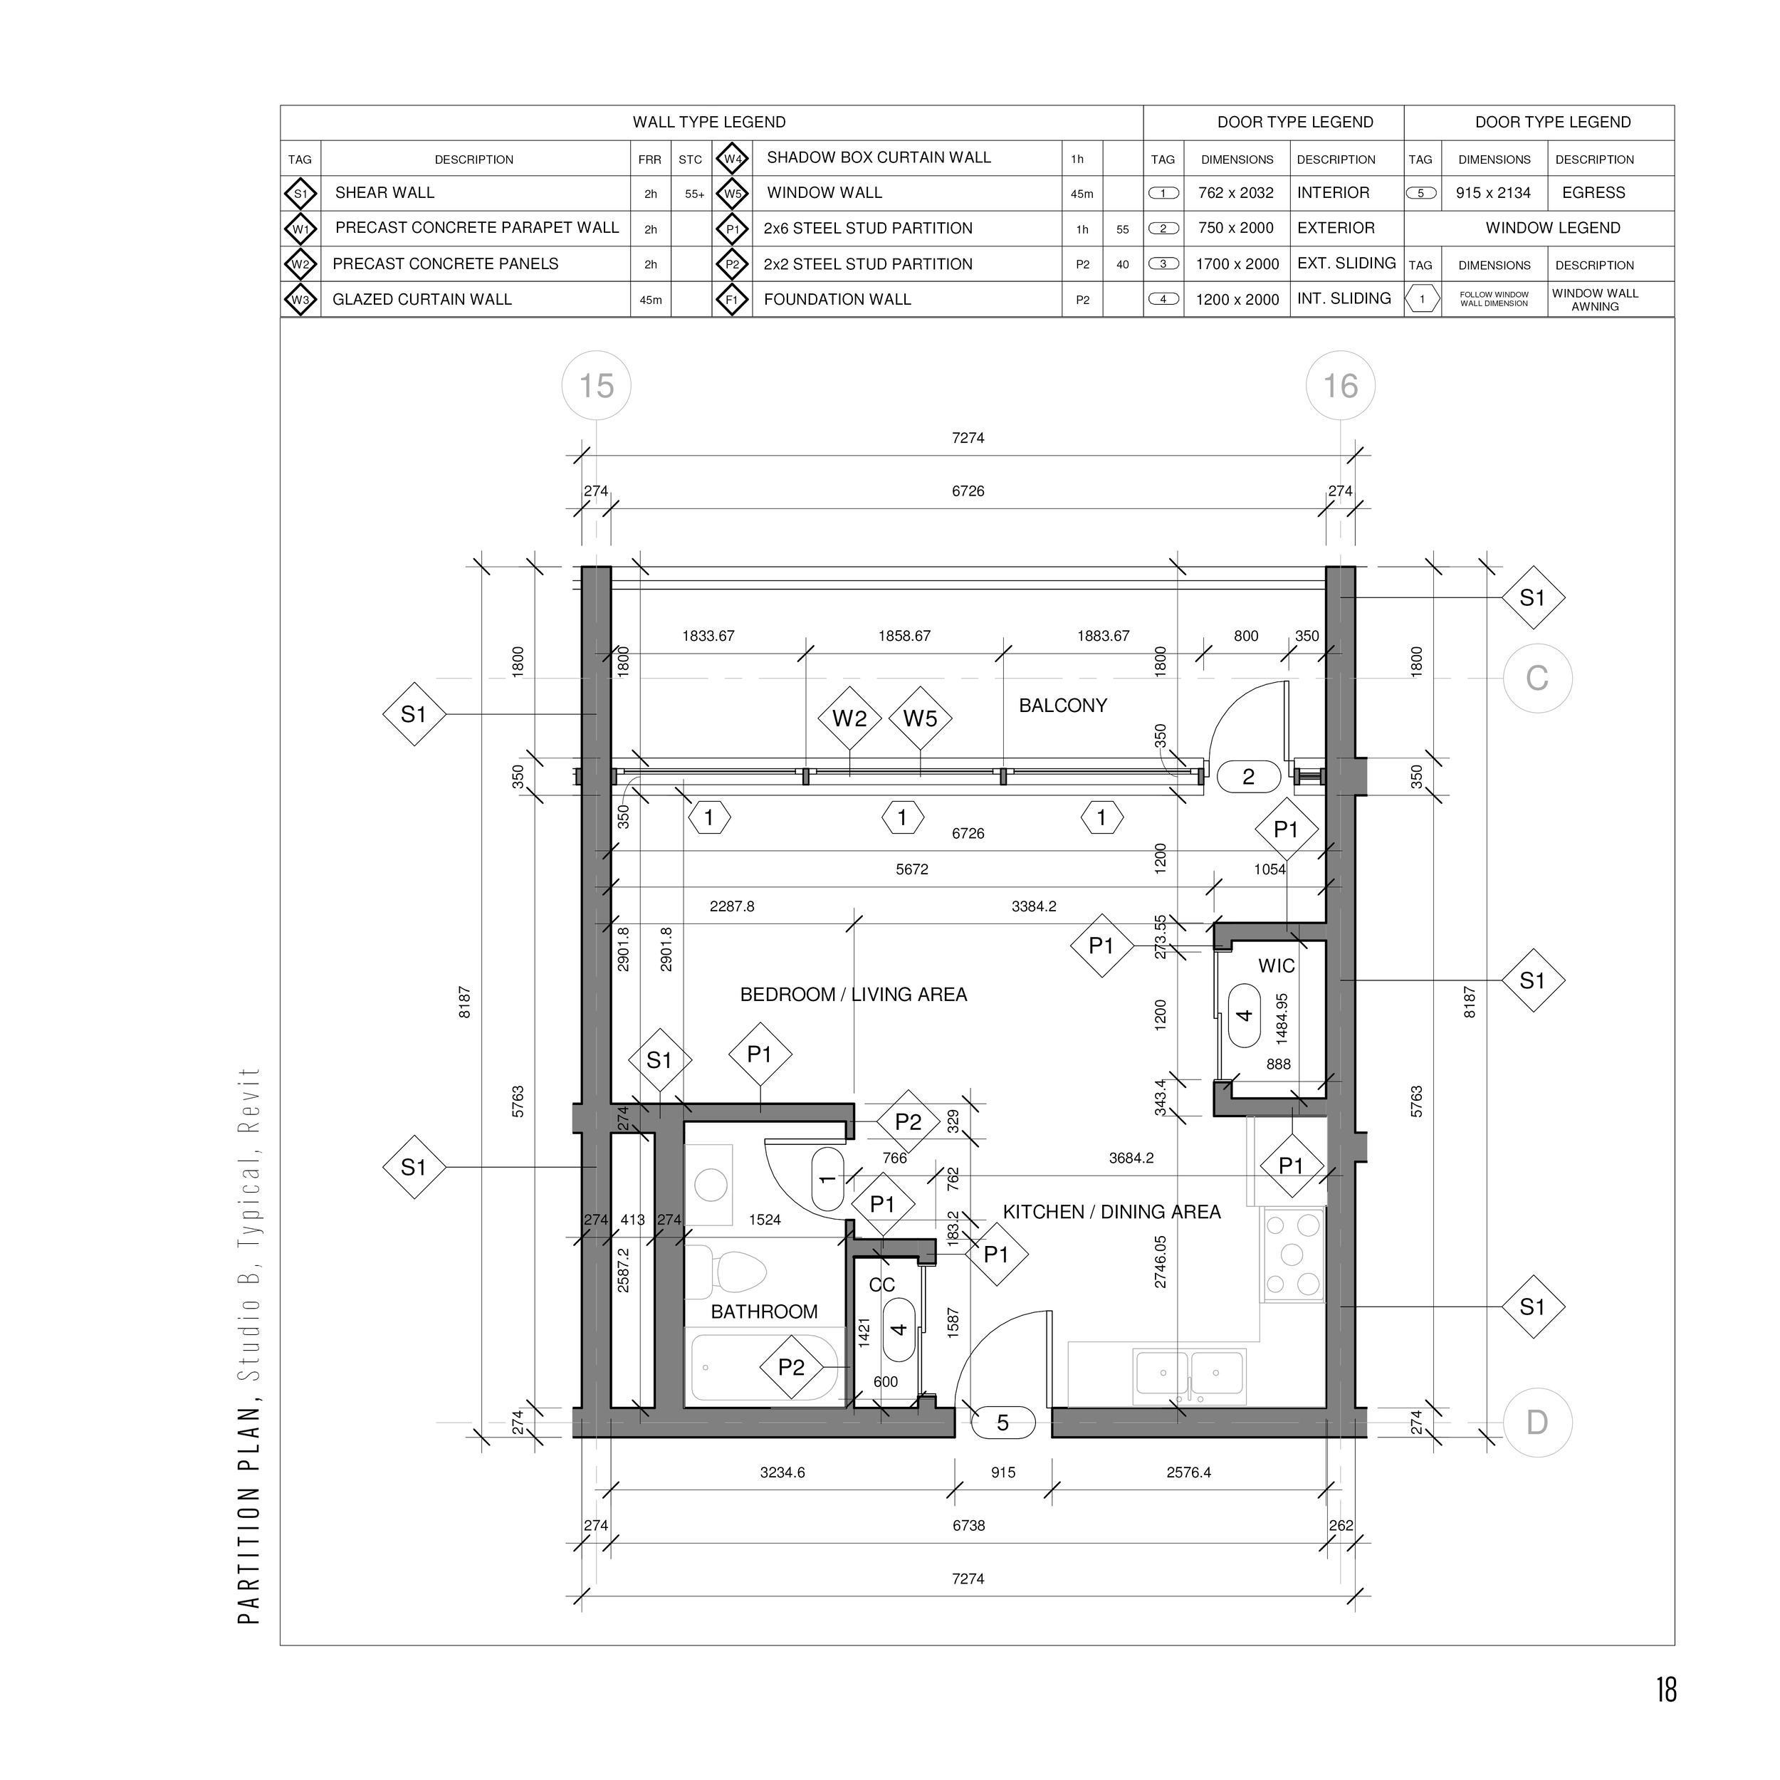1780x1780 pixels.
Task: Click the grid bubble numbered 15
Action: pos(596,385)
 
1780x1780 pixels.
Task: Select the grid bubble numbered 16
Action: pos(1341,385)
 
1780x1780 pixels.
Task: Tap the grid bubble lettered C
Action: pos(1536,678)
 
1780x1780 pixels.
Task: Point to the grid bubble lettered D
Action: pos(1536,1423)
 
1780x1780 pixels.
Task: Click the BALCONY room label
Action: pos(1062,706)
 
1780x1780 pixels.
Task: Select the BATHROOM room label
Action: pos(764,1312)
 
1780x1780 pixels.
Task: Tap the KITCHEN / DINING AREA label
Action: pos(1111,1213)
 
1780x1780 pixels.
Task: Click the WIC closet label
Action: pos(1276,966)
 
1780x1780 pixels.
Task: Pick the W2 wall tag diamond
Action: pos(849,718)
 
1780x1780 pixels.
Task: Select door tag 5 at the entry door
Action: pos(1003,1423)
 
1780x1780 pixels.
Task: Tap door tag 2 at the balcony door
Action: pos(1248,777)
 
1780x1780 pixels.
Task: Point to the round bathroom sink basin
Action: pos(711,1184)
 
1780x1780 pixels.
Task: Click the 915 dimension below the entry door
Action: pos(1003,1472)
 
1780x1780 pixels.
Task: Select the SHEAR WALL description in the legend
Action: pos(384,192)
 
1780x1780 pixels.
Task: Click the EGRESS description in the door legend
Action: pos(1594,192)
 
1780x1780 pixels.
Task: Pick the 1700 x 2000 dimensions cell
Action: pos(1237,264)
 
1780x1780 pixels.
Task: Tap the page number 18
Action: pos(1666,1690)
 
